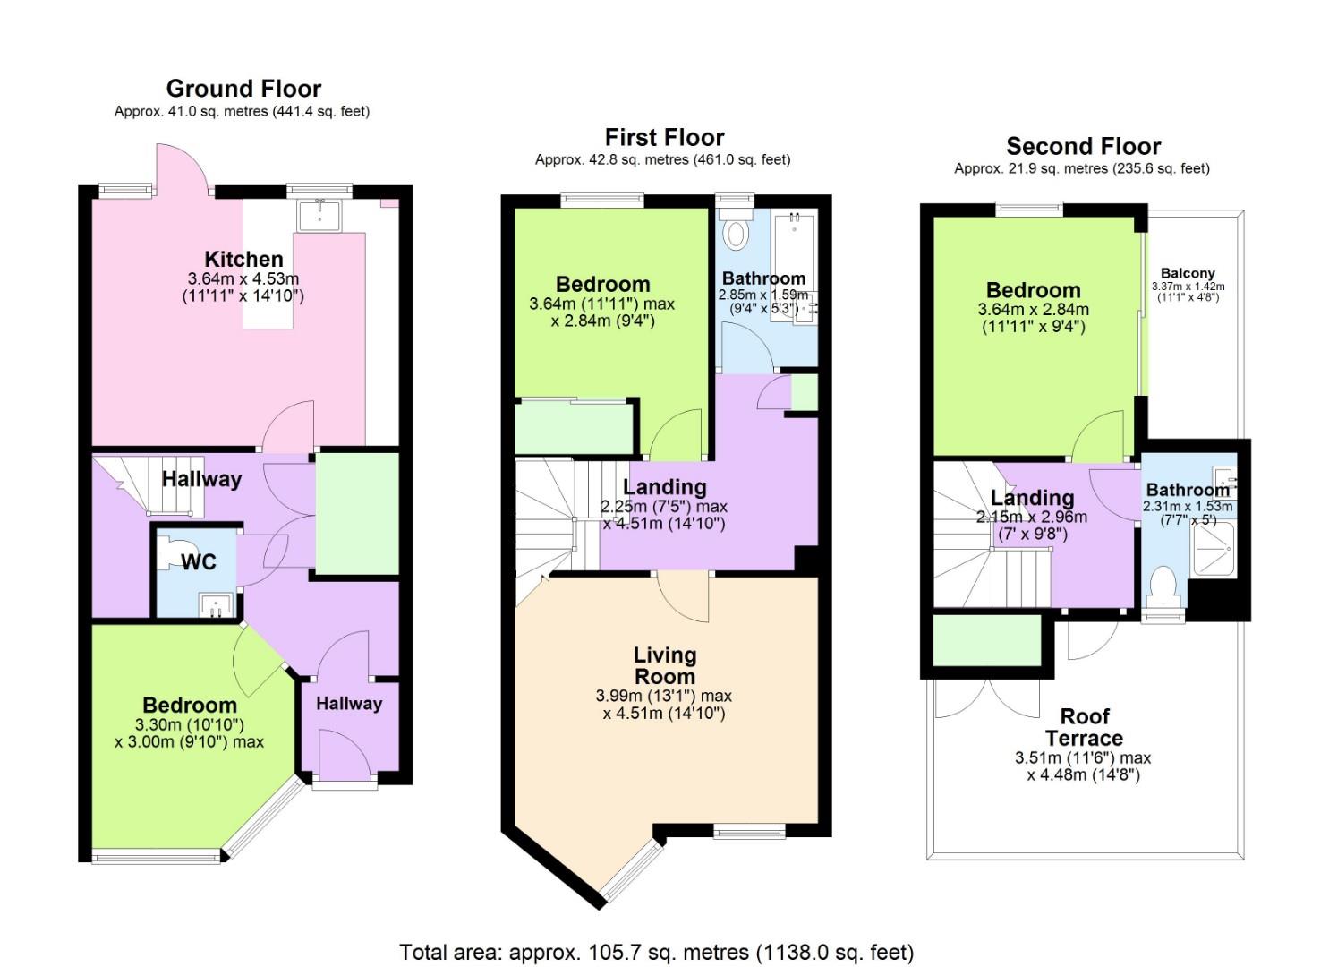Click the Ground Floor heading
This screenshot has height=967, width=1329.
click(243, 89)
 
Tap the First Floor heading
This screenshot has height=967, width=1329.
click(664, 137)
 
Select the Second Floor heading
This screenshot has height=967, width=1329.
click(1083, 146)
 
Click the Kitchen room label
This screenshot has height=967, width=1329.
click(243, 259)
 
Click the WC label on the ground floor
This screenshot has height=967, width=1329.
click(199, 561)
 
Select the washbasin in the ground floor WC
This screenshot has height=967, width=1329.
click(215, 604)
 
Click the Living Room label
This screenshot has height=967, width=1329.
click(664, 665)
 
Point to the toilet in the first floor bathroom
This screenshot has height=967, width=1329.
click(737, 233)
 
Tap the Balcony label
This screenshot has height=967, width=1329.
click(1188, 273)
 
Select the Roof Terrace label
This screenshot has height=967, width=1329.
click(1084, 727)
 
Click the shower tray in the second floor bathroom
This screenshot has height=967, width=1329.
click(1213, 548)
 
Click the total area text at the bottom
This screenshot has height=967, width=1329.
click(656, 951)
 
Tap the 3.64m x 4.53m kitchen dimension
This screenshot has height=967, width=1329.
click(243, 279)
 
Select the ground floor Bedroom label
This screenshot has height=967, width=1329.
click(190, 705)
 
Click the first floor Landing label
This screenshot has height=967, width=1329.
click(664, 487)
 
